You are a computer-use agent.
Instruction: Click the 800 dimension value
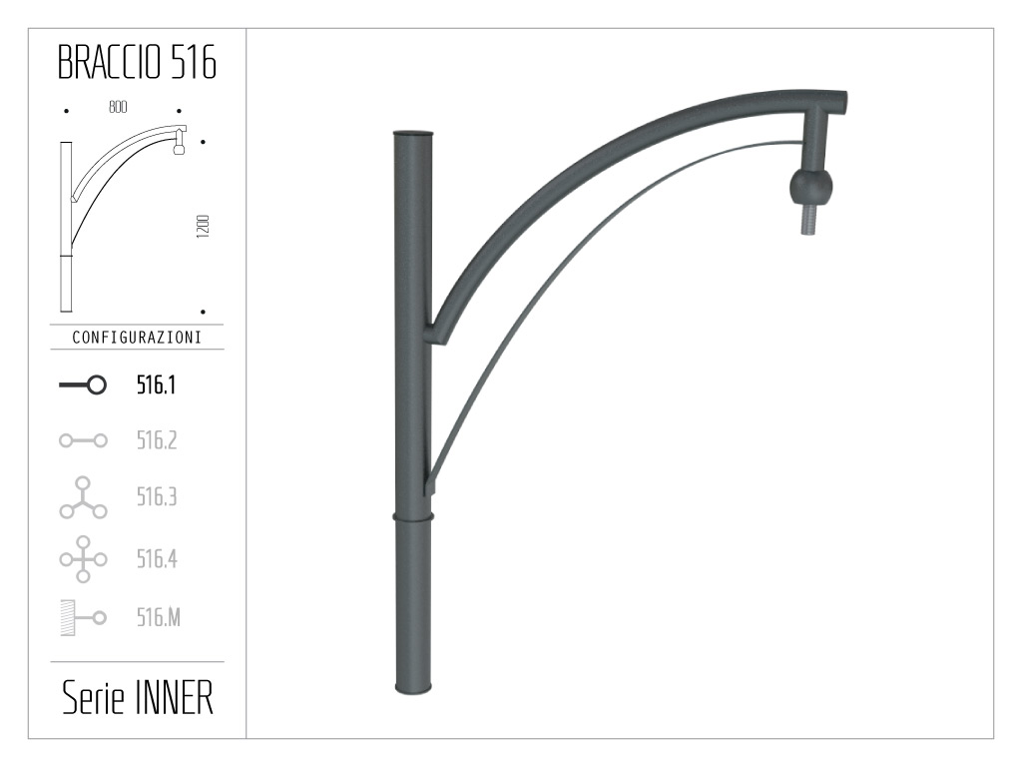[118, 108]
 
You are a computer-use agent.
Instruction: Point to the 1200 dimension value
[203, 225]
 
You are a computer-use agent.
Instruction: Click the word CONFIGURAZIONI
[137, 338]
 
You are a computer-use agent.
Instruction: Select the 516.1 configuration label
[157, 385]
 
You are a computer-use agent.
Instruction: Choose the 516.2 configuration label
[157, 440]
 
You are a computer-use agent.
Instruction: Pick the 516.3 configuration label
[157, 497]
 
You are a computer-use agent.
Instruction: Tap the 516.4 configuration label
[157, 558]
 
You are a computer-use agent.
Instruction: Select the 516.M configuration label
[159, 618]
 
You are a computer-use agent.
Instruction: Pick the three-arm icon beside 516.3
[83, 498]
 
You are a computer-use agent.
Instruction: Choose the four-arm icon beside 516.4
[83, 558]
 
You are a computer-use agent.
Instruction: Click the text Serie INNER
[137, 699]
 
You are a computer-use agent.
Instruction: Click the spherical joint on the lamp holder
[810, 186]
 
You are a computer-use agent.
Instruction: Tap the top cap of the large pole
[413, 133]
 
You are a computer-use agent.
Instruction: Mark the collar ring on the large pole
[413, 516]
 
